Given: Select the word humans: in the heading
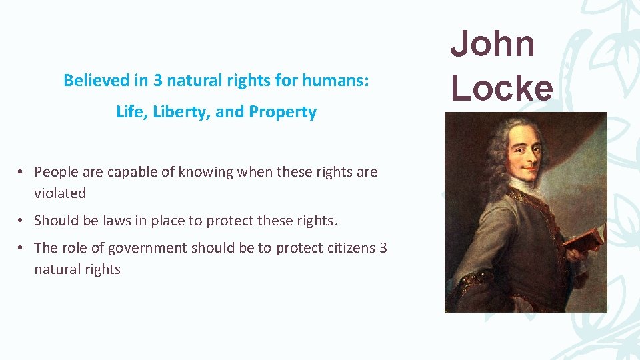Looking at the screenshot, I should tap(345, 81).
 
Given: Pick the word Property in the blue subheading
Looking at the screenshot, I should tap(283, 112).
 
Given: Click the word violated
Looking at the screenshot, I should tap(60, 193).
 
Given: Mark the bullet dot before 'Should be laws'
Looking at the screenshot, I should tap(21, 221).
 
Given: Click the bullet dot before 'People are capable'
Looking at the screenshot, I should tap(21, 172).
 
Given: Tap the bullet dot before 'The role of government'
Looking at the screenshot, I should tap(21, 248).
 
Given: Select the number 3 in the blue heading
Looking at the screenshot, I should tap(158, 81).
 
